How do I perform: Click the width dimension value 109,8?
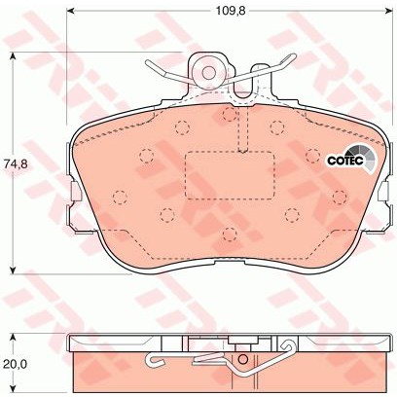[231, 11]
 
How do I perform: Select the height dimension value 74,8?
[14, 163]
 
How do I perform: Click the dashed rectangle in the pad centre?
[230, 175]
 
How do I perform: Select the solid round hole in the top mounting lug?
[208, 73]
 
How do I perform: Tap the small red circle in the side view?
[242, 359]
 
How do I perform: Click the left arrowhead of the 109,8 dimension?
[71, 11]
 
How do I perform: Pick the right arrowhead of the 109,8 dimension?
[388, 11]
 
